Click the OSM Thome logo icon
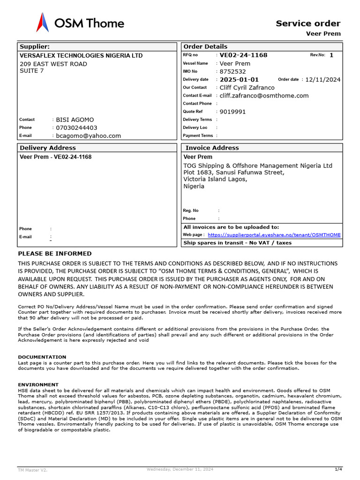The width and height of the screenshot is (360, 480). click(43, 22)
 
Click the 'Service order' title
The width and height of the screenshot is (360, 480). click(308, 23)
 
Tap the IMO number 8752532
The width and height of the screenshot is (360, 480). click(233, 72)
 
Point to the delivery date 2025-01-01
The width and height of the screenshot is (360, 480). click(239, 80)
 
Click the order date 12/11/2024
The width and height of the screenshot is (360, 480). click(323, 80)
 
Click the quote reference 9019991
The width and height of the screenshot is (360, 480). click(233, 112)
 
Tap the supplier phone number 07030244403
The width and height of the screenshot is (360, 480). click(77, 127)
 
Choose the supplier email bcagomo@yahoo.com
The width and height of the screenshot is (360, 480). click(89, 136)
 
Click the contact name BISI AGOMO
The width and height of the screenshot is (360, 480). click(75, 120)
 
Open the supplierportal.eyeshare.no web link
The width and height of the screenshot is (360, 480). click(274, 235)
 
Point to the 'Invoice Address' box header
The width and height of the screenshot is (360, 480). click(212, 148)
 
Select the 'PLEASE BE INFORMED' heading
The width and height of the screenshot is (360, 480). click(55, 254)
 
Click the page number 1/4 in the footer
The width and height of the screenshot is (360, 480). click(338, 469)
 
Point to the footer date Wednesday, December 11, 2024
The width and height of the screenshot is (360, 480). click(180, 469)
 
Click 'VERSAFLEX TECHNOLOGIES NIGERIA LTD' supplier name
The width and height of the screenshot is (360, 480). click(81, 55)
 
